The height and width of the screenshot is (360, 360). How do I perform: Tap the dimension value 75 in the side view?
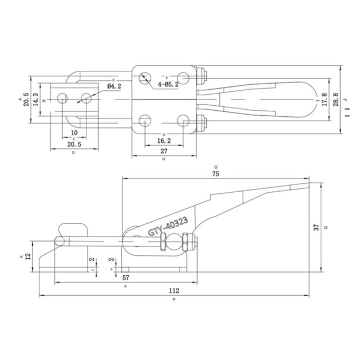(215, 173)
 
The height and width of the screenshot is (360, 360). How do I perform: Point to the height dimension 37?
(316, 227)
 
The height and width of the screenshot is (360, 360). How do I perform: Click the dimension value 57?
(126, 277)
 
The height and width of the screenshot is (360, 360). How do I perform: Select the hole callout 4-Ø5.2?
(168, 84)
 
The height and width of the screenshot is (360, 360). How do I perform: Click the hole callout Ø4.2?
(114, 86)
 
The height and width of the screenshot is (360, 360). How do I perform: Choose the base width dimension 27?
(164, 151)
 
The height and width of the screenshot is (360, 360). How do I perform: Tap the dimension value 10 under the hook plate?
(74, 133)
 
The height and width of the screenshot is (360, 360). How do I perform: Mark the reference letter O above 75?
(215, 166)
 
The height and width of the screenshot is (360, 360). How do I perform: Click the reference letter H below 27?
(164, 160)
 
